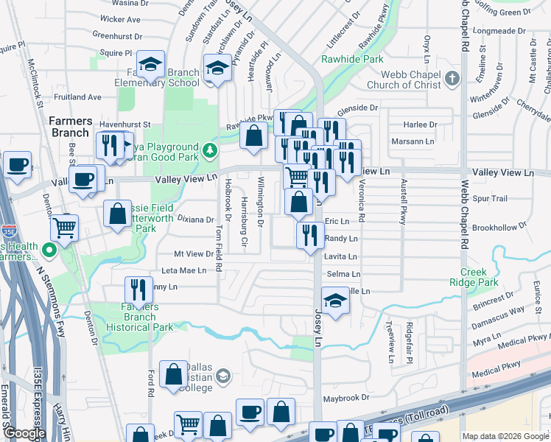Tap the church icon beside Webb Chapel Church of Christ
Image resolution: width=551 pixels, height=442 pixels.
pos(452,78)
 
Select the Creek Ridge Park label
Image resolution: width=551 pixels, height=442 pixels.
pos(474,277)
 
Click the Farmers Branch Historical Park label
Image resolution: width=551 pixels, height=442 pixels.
pos(140,317)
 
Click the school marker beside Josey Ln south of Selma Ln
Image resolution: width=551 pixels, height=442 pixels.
pos(334,301)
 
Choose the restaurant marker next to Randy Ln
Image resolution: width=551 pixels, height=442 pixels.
pos(310,234)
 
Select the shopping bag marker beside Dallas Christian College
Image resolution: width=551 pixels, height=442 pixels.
pos(173,373)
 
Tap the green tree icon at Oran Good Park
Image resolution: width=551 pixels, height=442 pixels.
pos(211,151)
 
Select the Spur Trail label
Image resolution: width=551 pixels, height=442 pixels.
pos(491,199)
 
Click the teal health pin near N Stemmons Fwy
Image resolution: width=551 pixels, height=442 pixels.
pos(50,250)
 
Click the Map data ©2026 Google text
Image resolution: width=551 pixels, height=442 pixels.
pos(505,436)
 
